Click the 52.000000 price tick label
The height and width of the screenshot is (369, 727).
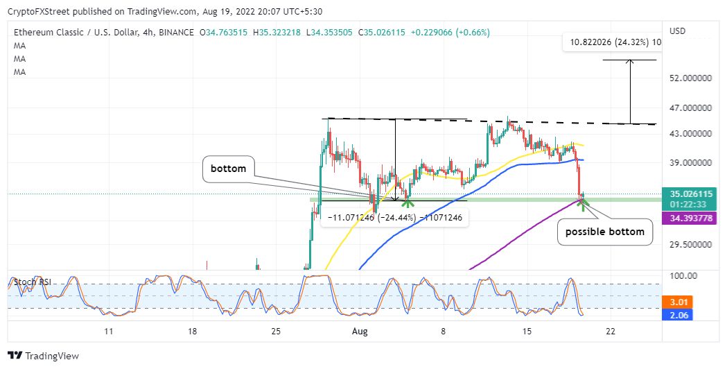pos(691,79)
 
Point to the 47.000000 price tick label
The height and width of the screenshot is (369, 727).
pos(691,108)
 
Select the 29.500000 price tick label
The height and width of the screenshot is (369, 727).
pos(691,244)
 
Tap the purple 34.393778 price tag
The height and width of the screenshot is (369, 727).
pos(691,218)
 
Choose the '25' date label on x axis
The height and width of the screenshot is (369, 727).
pos(276,332)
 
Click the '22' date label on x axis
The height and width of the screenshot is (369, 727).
pos(611,332)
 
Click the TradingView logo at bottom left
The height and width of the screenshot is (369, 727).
pos(44,355)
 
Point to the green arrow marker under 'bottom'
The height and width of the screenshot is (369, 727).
pos(408,203)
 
